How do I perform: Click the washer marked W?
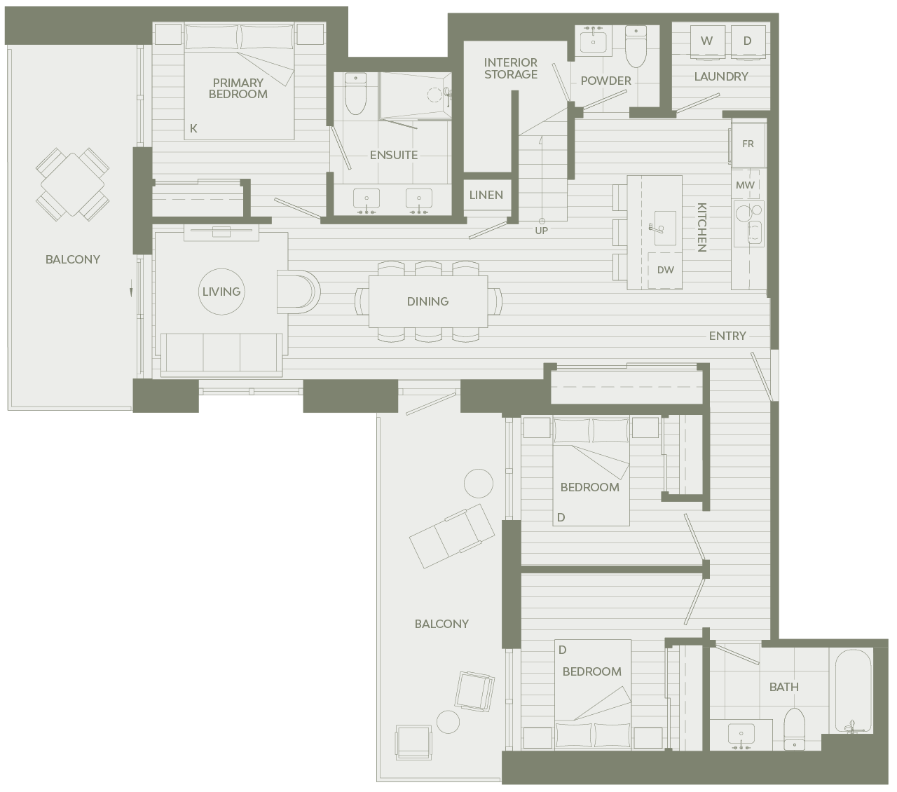coord(707,41)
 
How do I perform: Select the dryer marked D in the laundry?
coord(747,41)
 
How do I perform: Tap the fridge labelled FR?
coord(748,144)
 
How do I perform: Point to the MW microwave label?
coord(745,185)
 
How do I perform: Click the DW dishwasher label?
coord(666,270)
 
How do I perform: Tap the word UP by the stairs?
coord(541,231)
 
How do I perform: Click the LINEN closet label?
coord(486,195)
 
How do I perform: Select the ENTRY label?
coord(727,336)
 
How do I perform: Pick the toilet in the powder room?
coord(636,46)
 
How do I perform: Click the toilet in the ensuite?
coord(355,94)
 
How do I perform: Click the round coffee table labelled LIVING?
coord(221,292)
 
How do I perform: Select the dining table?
coord(428,301)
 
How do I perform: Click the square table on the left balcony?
coord(73,184)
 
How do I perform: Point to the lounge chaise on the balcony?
coord(452,536)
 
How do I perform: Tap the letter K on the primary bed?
coord(193,128)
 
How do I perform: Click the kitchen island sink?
coord(665,228)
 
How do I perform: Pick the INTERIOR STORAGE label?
coord(510,69)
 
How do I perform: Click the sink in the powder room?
coord(594,41)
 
